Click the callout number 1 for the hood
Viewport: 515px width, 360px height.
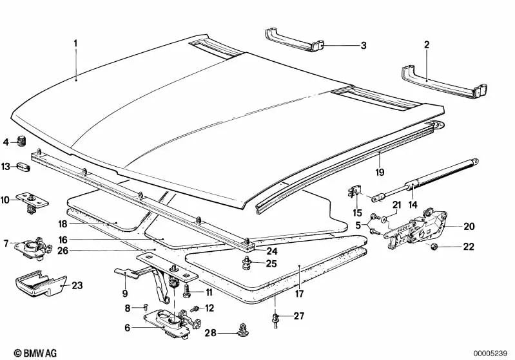75,43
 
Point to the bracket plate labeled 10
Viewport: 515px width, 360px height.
31,201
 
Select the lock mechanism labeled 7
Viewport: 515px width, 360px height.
32,246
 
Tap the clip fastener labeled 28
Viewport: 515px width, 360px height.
242,330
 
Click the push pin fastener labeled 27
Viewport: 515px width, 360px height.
275,318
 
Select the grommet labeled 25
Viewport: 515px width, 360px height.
247,262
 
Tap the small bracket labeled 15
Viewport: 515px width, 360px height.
354,192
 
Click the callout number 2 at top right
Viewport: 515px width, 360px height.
426,44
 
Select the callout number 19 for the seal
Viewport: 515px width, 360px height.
380,173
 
